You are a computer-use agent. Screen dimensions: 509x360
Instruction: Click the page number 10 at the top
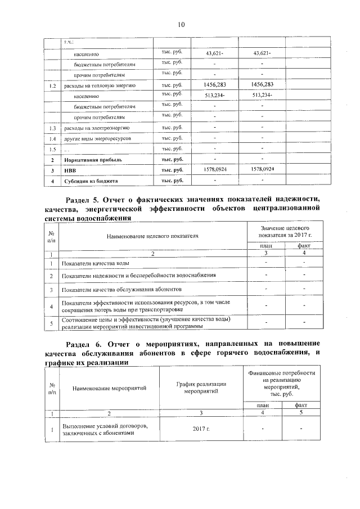coord(181,24)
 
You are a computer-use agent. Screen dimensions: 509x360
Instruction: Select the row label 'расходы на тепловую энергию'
coord(100,85)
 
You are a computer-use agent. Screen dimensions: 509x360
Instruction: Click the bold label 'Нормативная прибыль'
coord(93,160)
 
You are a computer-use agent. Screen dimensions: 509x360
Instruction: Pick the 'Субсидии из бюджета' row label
coord(91,182)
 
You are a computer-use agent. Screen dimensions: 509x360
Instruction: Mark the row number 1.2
coord(52,85)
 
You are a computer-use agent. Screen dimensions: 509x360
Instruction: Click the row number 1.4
coord(52,139)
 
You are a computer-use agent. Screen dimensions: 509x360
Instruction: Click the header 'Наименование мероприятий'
coord(109,388)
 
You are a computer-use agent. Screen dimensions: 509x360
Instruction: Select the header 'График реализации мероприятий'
coord(201,388)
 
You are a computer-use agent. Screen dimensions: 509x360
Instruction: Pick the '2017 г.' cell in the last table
coord(201,430)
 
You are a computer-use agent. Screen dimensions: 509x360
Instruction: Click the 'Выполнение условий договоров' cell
coord(105,430)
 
